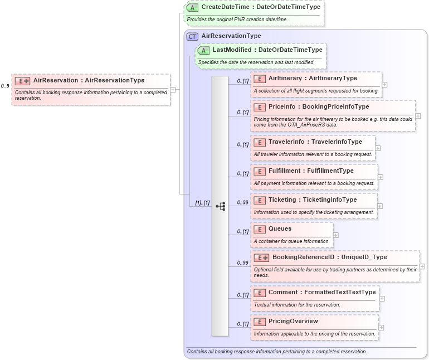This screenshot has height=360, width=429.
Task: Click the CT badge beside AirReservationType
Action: coord(192,36)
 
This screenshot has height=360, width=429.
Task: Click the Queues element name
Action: coord(280,228)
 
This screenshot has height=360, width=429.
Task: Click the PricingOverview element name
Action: coord(293,321)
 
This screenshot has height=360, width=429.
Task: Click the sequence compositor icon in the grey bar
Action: coord(220,206)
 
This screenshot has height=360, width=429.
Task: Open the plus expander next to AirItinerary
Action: coord(384,85)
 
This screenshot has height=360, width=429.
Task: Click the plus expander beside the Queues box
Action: coord(335,235)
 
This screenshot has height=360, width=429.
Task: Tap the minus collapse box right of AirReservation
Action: coord(173,89)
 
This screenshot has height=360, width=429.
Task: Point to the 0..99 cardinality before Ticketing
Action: coord(242,202)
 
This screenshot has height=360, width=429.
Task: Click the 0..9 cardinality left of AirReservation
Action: coord(5,86)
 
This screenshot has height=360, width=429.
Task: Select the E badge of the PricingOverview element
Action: coord(259,322)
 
